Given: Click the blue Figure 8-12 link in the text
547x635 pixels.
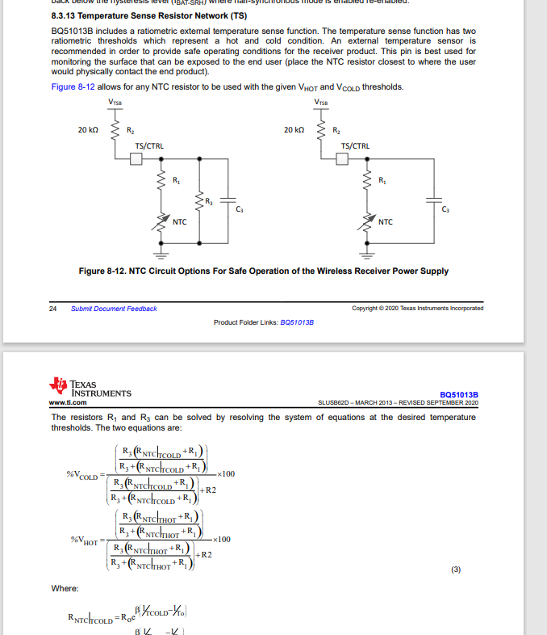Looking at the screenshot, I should point(75,87).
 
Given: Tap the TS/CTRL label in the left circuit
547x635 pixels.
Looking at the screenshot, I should point(149,146).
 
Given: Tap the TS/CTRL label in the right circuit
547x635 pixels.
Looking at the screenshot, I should point(356,146).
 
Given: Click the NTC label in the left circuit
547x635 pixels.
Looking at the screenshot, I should point(179,221).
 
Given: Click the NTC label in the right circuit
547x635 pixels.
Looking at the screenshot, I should point(385,221).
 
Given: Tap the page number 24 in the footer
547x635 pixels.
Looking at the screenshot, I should point(53,309).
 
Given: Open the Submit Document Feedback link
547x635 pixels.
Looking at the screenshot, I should point(114,309).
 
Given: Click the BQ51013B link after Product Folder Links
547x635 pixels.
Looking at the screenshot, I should point(296,322).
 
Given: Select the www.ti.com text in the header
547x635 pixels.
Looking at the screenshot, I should point(68,402).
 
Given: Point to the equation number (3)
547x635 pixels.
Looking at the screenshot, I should point(456,570).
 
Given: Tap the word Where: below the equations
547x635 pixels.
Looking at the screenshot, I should point(65,588).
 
